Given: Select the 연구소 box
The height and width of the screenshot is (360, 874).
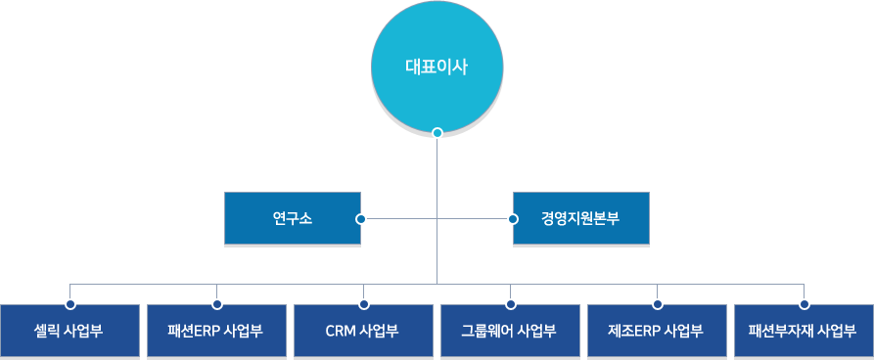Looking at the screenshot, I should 292,218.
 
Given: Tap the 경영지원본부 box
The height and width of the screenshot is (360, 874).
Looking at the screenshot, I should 580,218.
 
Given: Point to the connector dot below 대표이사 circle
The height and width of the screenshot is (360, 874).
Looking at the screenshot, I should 437,133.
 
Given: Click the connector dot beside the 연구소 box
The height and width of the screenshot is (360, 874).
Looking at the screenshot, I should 361,218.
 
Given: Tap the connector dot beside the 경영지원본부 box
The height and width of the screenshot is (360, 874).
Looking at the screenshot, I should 512,218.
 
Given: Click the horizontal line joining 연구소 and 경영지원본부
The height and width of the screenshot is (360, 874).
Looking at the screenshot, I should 401,218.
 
